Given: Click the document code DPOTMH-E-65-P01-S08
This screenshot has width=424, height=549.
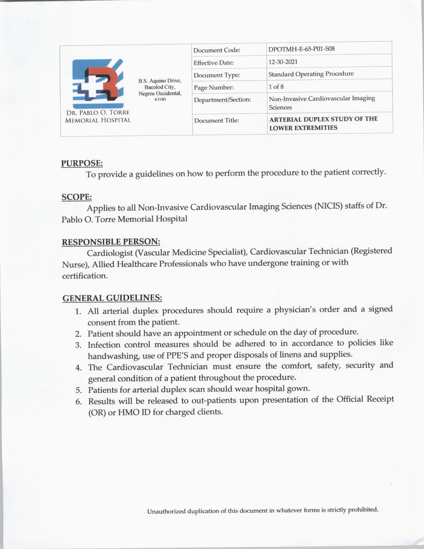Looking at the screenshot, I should click(x=301, y=49).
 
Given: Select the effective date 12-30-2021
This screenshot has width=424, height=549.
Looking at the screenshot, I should click(x=283, y=62).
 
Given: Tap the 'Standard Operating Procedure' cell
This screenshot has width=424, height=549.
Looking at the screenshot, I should click(x=311, y=74).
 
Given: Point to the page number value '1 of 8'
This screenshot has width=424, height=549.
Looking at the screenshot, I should click(x=276, y=87).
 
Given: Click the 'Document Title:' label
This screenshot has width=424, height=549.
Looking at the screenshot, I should click(x=216, y=120).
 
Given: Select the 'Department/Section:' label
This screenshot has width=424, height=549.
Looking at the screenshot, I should click(x=222, y=100).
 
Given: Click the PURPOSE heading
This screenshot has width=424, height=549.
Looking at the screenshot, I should click(x=82, y=163).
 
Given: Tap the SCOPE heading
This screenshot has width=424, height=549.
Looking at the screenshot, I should click(x=77, y=197).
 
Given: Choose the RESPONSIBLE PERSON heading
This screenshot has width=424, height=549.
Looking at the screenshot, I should click(x=111, y=242).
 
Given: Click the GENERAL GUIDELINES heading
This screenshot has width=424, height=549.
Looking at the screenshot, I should click(x=112, y=298).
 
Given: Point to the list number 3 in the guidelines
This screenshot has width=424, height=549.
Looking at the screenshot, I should click(x=78, y=345).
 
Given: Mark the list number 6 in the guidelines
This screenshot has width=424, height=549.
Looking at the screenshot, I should click(x=79, y=402).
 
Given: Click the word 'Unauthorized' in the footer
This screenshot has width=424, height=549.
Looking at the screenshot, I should click(x=166, y=511).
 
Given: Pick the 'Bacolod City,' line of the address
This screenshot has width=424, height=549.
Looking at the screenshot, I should click(x=160, y=87).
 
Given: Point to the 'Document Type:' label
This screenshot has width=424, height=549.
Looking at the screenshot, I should click(x=216, y=75).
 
